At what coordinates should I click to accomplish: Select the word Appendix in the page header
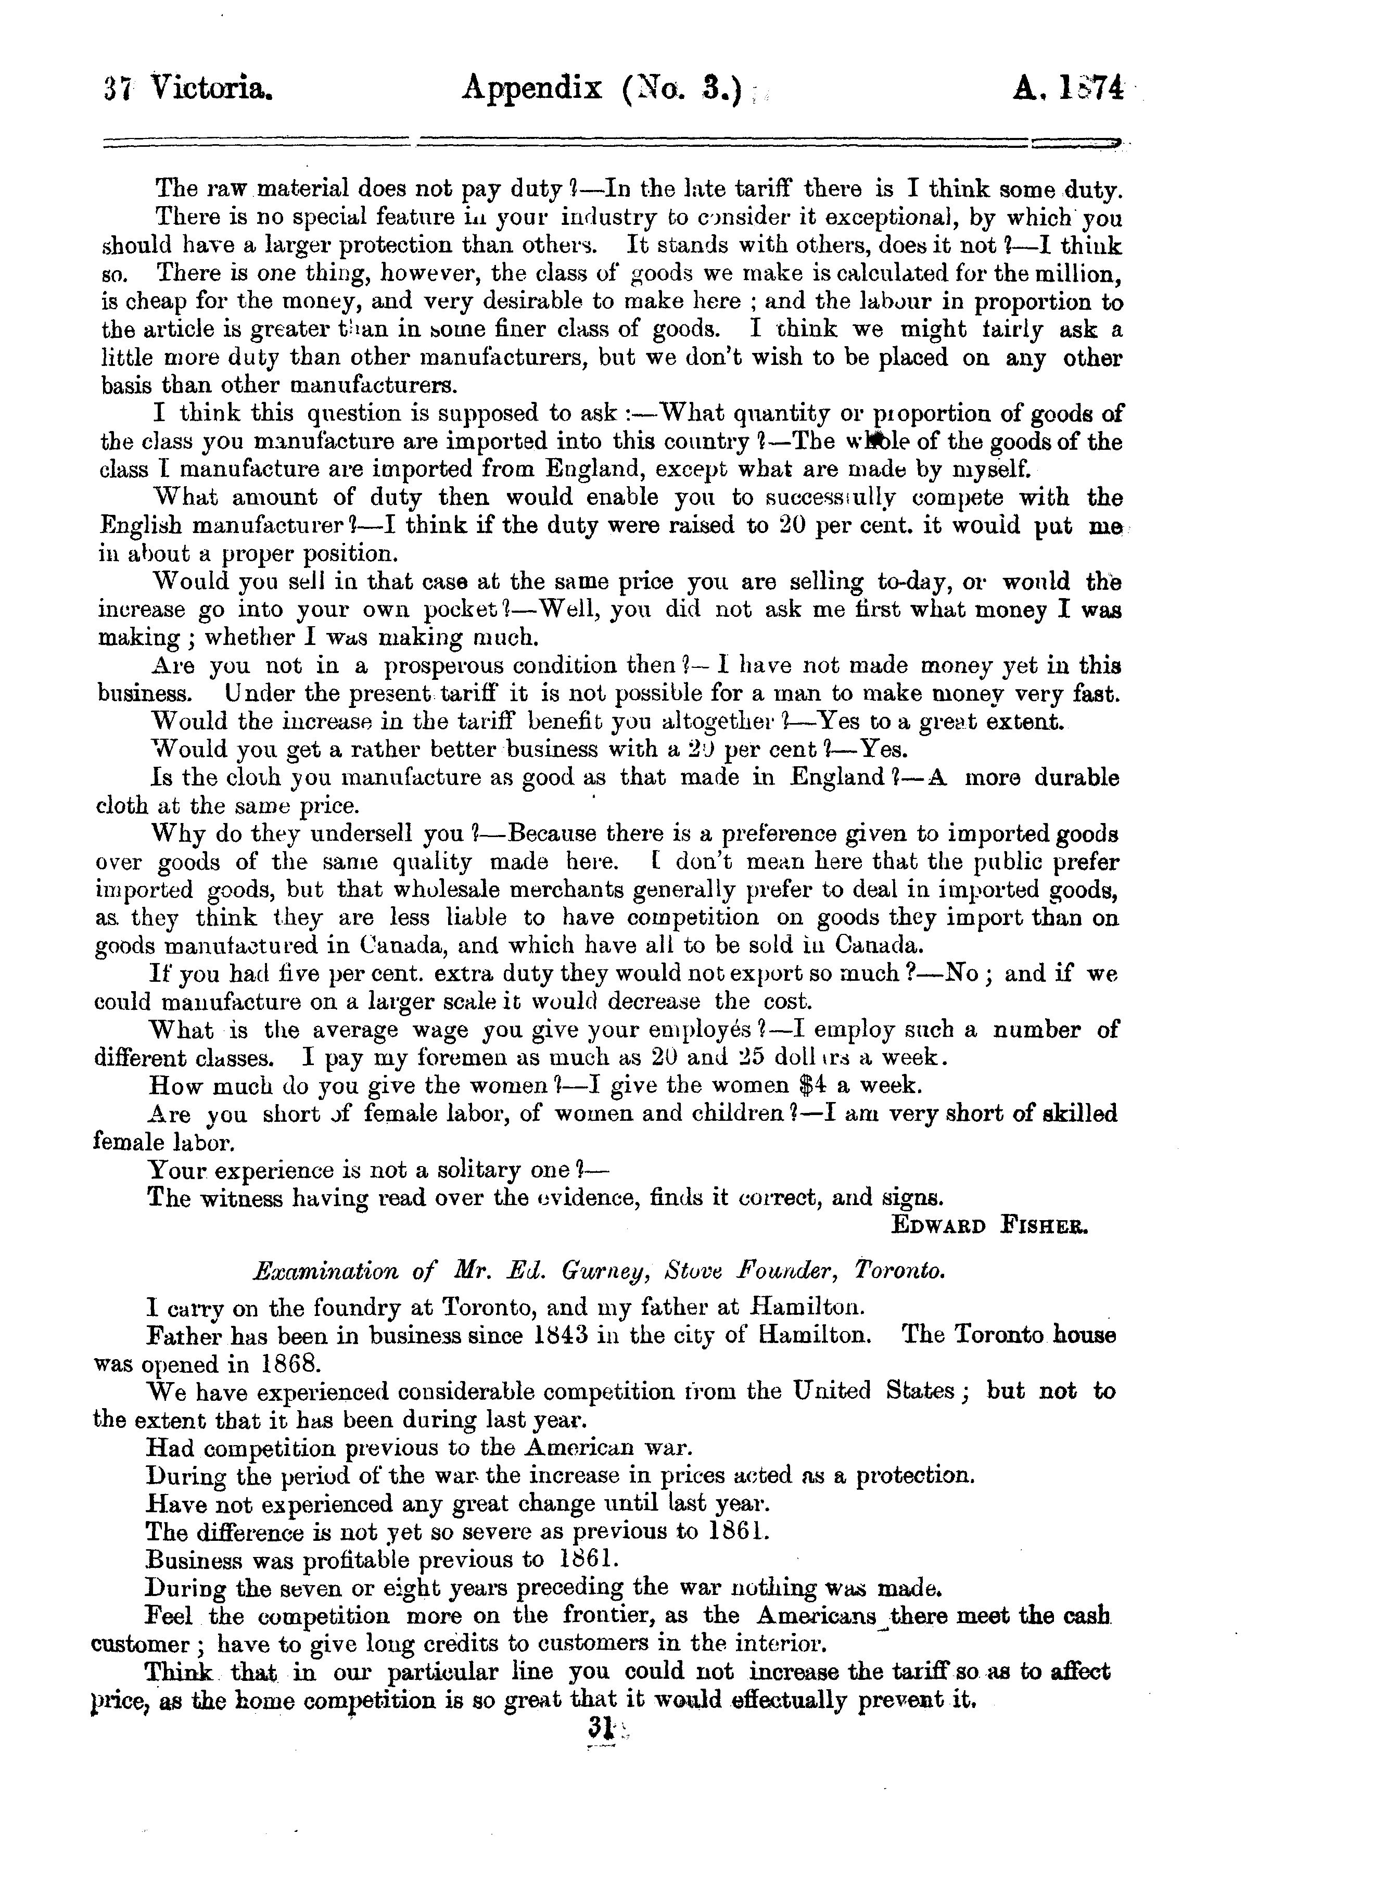tap(531, 88)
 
